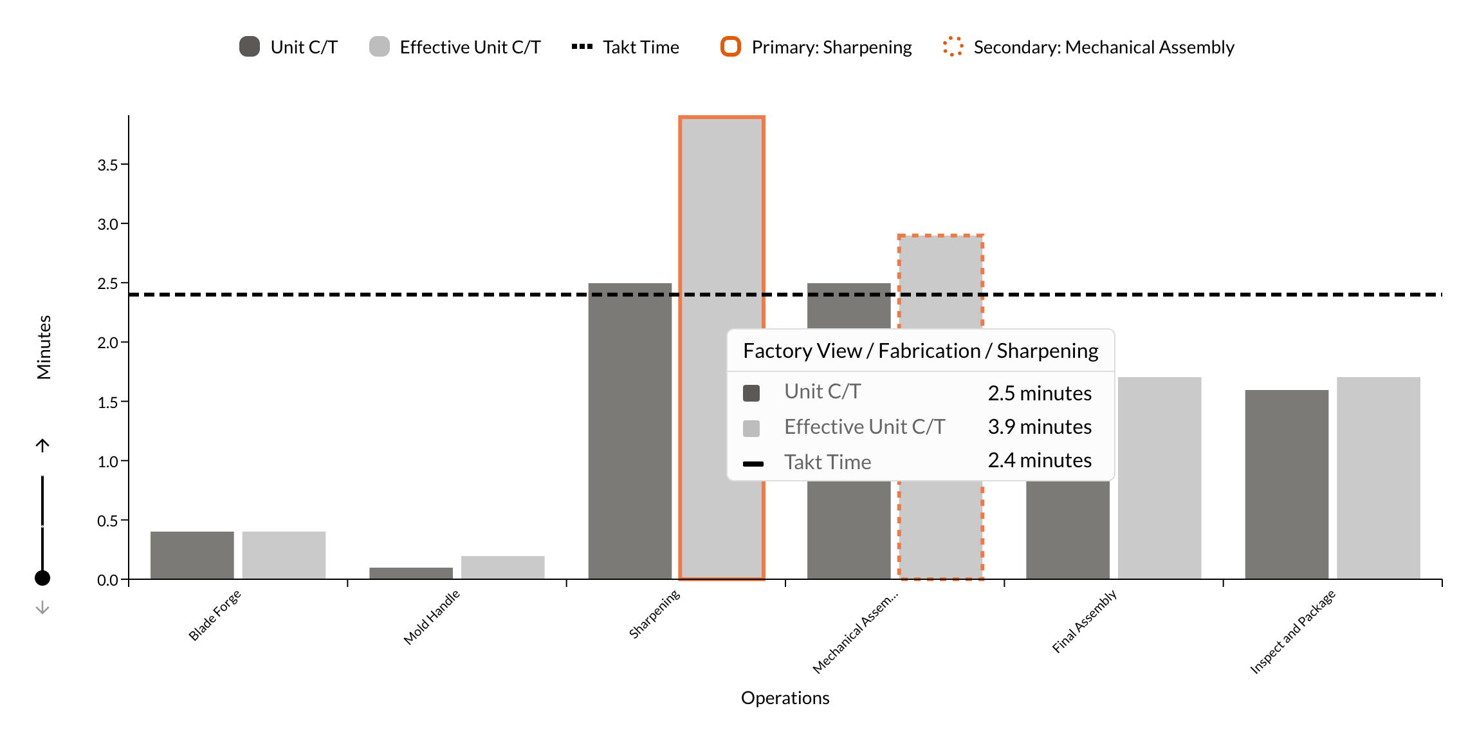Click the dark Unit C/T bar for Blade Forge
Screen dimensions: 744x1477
[x=192, y=555]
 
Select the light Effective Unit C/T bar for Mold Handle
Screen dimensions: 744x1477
[x=502, y=567]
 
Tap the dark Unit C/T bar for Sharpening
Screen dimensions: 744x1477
[x=630, y=431]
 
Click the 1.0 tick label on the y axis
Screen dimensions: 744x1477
[x=108, y=461]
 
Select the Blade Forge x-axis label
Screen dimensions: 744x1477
[x=215, y=615]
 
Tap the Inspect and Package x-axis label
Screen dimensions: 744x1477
[x=1292, y=631]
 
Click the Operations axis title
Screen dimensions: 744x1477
[x=785, y=698]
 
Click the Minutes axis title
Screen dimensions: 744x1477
[x=44, y=347]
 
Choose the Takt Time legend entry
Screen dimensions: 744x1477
[x=625, y=47]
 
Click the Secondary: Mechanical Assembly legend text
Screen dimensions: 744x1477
[x=1103, y=47]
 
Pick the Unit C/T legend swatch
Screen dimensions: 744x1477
[x=250, y=46]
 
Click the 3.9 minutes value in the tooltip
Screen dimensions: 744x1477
[x=1039, y=427]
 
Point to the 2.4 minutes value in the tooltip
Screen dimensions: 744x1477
[x=1039, y=460]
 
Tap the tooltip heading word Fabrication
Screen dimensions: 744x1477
[x=929, y=351]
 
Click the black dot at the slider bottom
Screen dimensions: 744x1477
[x=42, y=578]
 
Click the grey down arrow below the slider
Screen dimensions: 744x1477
[x=42, y=608]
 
